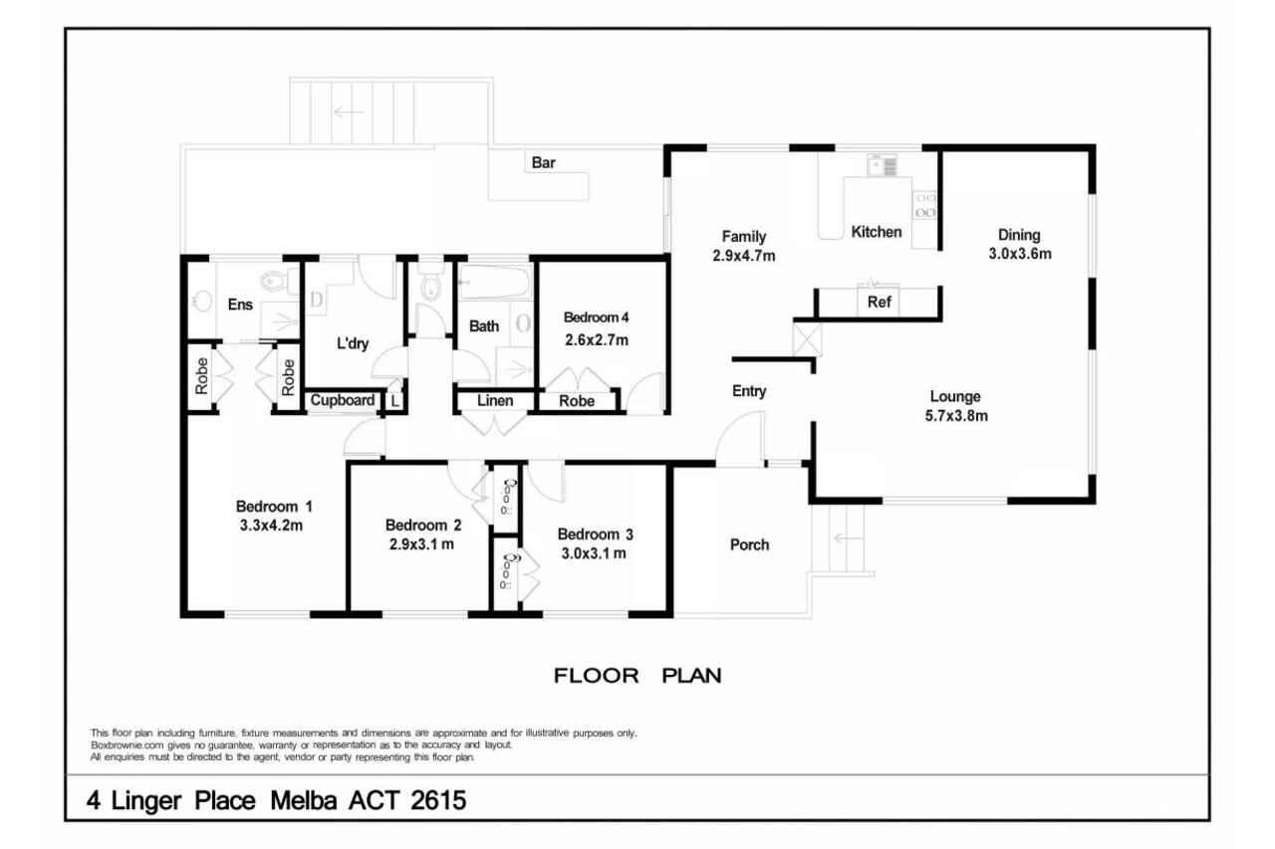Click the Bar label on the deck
coord(543,162)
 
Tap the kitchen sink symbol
coord(883,165)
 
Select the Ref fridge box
coord(879,301)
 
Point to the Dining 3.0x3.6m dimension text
coord(1019,254)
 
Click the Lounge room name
coord(955,396)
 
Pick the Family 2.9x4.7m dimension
coord(743,256)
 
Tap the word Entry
coord(749,391)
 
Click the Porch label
coord(750,544)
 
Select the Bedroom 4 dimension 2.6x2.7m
coord(597,340)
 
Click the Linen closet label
coord(495,400)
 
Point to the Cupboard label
coord(342,400)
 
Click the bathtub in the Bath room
coord(495,282)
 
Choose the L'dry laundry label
coord(353,343)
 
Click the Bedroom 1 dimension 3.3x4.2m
coord(271,525)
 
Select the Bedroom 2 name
coord(423,525)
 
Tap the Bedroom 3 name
coord(595,533)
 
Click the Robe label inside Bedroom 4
coord(577,401)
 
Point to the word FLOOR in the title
coord(596,676)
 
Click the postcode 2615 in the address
coord(438,800)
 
